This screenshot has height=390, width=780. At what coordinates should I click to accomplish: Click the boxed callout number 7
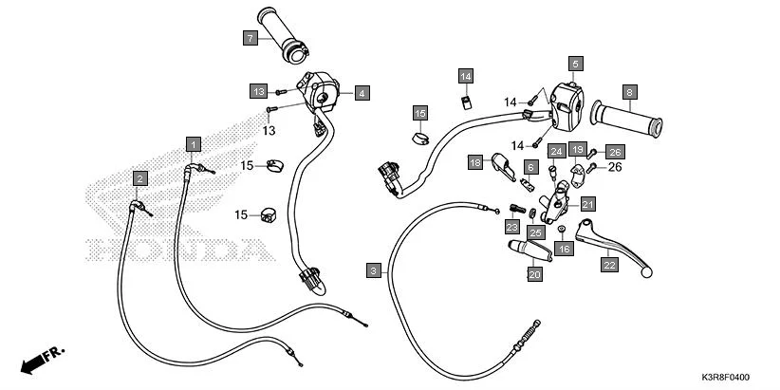coord(250,38)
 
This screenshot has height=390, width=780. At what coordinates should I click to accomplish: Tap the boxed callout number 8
coord(628,92)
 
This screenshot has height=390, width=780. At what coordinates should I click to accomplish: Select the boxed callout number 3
coord(374,270)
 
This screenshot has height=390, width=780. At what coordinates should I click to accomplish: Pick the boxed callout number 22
coord(608,267)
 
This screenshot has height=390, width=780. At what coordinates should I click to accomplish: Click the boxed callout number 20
coord(534,273)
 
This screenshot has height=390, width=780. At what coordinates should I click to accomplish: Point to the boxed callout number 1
coord(194,144)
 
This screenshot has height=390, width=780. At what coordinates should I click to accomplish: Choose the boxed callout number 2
coord(139,178)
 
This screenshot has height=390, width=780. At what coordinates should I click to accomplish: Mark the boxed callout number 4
coord(362,93)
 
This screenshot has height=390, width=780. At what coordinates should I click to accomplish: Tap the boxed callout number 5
coord(574,64)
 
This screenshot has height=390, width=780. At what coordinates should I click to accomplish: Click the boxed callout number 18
coord(475,163)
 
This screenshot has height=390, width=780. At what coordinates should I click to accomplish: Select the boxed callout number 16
coord(565,249)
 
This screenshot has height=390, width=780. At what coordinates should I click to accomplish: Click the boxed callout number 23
coord(511,228)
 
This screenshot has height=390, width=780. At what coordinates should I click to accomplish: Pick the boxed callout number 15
coord(419,113)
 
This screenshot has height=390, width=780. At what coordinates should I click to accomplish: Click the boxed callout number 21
coord(587,204)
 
